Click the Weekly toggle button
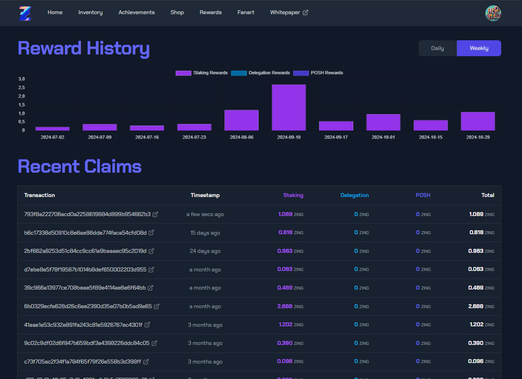pyautogui.click(x=479, y=48)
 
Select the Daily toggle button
pyautogui.click(x=438, y=48)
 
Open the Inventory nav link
pyautogui.click(x=90, y=12)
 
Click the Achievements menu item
pyautogui.click(x=137, y=12)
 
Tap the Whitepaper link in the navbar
pyautogui.click(x=289, y=12)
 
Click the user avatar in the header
pyautogui.click(x=493, y=13)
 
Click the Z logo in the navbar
pyautogui.click(x=25, y=13)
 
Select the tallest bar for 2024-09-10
pyautogui.click(x=289, y=107)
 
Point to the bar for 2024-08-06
pyautogui.click(x=241, y=120)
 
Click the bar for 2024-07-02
pyautogui.click(x=52, y=129)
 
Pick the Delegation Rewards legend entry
pyautogui.click(x=260, y=73)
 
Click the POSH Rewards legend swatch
pyautogui.click(x=301, y=73)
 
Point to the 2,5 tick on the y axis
pyautogui.click(x=22, y=88)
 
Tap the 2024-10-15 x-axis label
pyautogui.click(x=431, y=137)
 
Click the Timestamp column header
pyautogui.click(x=205, y=195)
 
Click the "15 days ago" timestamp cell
pyautogui.click(x=205, y=232)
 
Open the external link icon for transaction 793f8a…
pyautogui.click(x=155, y=214)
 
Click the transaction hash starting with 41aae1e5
pyautogui.click(x=83, y=325)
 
